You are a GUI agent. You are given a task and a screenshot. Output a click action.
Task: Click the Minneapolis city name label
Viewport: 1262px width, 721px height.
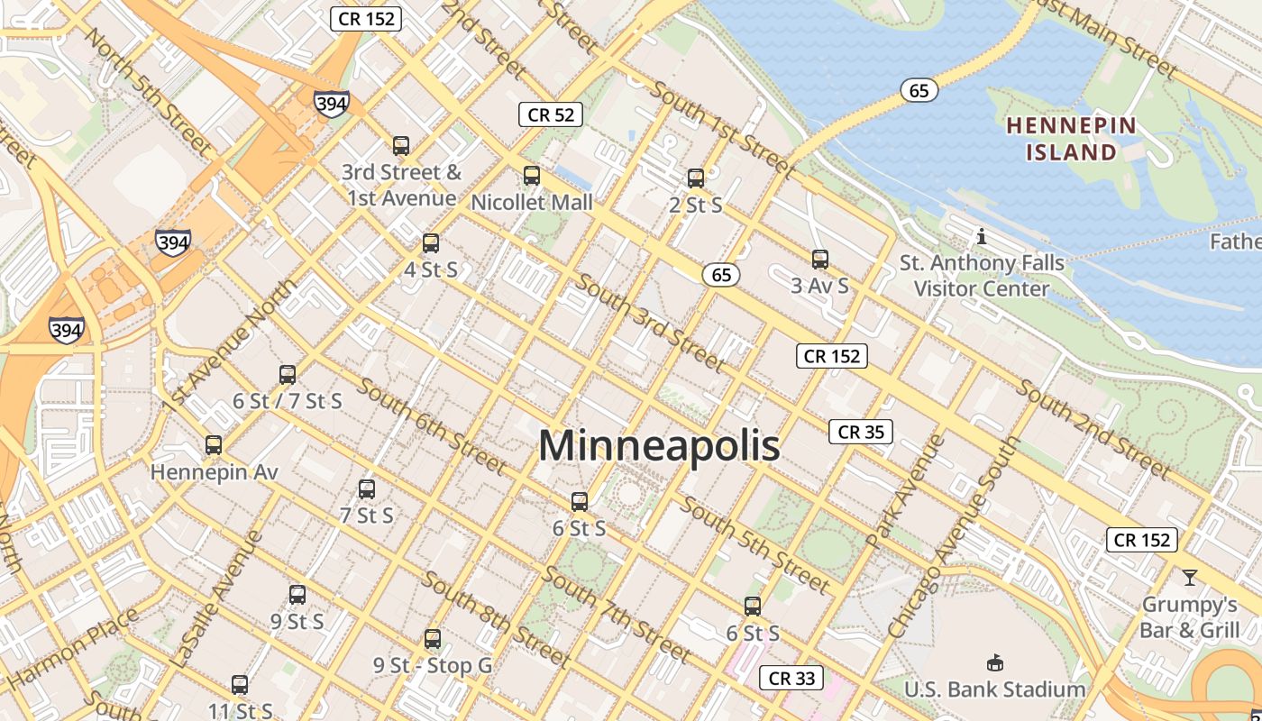[659, 446]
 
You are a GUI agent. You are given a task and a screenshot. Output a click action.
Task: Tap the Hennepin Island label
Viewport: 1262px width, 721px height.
[1072, 138]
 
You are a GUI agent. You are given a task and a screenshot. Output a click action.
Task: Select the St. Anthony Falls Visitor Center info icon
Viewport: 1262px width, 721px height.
[982, 237]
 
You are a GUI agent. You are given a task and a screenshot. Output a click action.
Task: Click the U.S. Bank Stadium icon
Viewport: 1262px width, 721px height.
[995, 663]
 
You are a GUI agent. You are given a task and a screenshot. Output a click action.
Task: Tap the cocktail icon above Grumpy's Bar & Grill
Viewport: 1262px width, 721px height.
[1190, 577]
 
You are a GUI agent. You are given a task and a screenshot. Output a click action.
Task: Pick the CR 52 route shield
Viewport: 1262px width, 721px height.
[551, 114]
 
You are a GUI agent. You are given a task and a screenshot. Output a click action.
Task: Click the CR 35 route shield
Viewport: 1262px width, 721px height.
[861, 432]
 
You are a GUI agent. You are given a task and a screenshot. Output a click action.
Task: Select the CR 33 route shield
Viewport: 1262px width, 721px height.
[792, 678]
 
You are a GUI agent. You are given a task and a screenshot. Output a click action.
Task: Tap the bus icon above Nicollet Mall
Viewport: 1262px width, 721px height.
[532, 176]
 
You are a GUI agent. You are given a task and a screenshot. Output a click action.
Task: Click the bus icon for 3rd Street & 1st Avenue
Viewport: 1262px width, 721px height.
[401, 145]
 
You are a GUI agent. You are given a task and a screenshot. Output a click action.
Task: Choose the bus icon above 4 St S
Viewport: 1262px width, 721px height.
[431, 242]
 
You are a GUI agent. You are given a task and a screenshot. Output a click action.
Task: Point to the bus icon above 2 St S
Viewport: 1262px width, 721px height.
[695, 178]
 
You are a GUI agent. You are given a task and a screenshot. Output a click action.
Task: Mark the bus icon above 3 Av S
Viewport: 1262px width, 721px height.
[819, 260]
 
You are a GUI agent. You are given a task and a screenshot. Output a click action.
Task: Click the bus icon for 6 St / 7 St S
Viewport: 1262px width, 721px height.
[288, 374]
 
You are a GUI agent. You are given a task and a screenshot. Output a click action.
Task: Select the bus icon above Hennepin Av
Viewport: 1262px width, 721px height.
[214, 444]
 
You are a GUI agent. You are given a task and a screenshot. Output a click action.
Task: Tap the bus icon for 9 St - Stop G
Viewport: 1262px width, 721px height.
[433, 639]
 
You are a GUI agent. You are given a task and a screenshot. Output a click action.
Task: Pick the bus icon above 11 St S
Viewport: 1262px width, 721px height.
[240, 684]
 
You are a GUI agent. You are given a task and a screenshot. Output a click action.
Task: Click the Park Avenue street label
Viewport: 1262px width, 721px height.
[904, 491]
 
